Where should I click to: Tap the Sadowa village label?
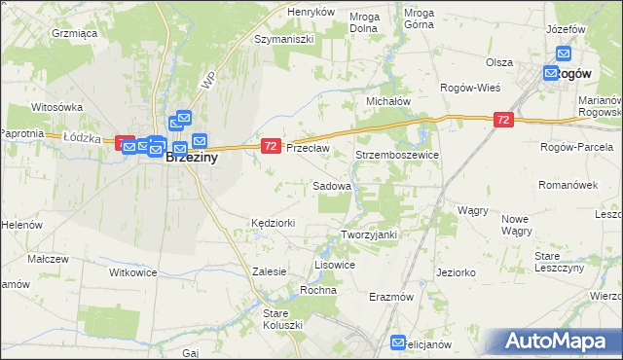click(331, 185)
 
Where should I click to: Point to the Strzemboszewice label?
click(397, 155)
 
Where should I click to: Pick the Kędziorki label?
click(273, 223)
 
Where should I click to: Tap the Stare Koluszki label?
click(283, 318)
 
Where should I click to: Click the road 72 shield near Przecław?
click(271, 146)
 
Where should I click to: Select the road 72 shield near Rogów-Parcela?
click(502, 120)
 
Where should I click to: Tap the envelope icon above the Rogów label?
click(563, 55)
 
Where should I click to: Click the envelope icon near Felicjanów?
click(398, 342)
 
